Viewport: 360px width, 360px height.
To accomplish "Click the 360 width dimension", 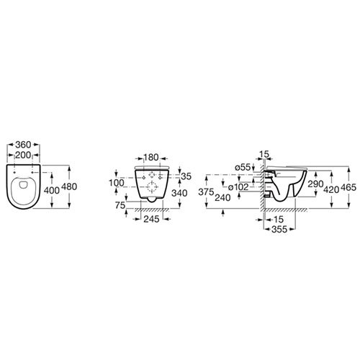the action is pos(23,145).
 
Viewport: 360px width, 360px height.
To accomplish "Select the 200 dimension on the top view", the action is pos(23,155).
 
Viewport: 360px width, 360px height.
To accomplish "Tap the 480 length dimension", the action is pos(69,186).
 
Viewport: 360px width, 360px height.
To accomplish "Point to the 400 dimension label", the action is pos(52,190).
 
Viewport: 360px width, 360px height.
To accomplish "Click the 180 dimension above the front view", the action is pos(151,158).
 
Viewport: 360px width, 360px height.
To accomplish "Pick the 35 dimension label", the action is pos(186,176).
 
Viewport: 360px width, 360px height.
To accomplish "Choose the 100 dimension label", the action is pos(117,183).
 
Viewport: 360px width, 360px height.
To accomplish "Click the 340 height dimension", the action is pos(179,193).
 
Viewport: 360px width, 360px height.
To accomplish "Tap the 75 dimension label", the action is pos(120,205).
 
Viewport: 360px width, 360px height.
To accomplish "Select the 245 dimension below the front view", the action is pos(151,219).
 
